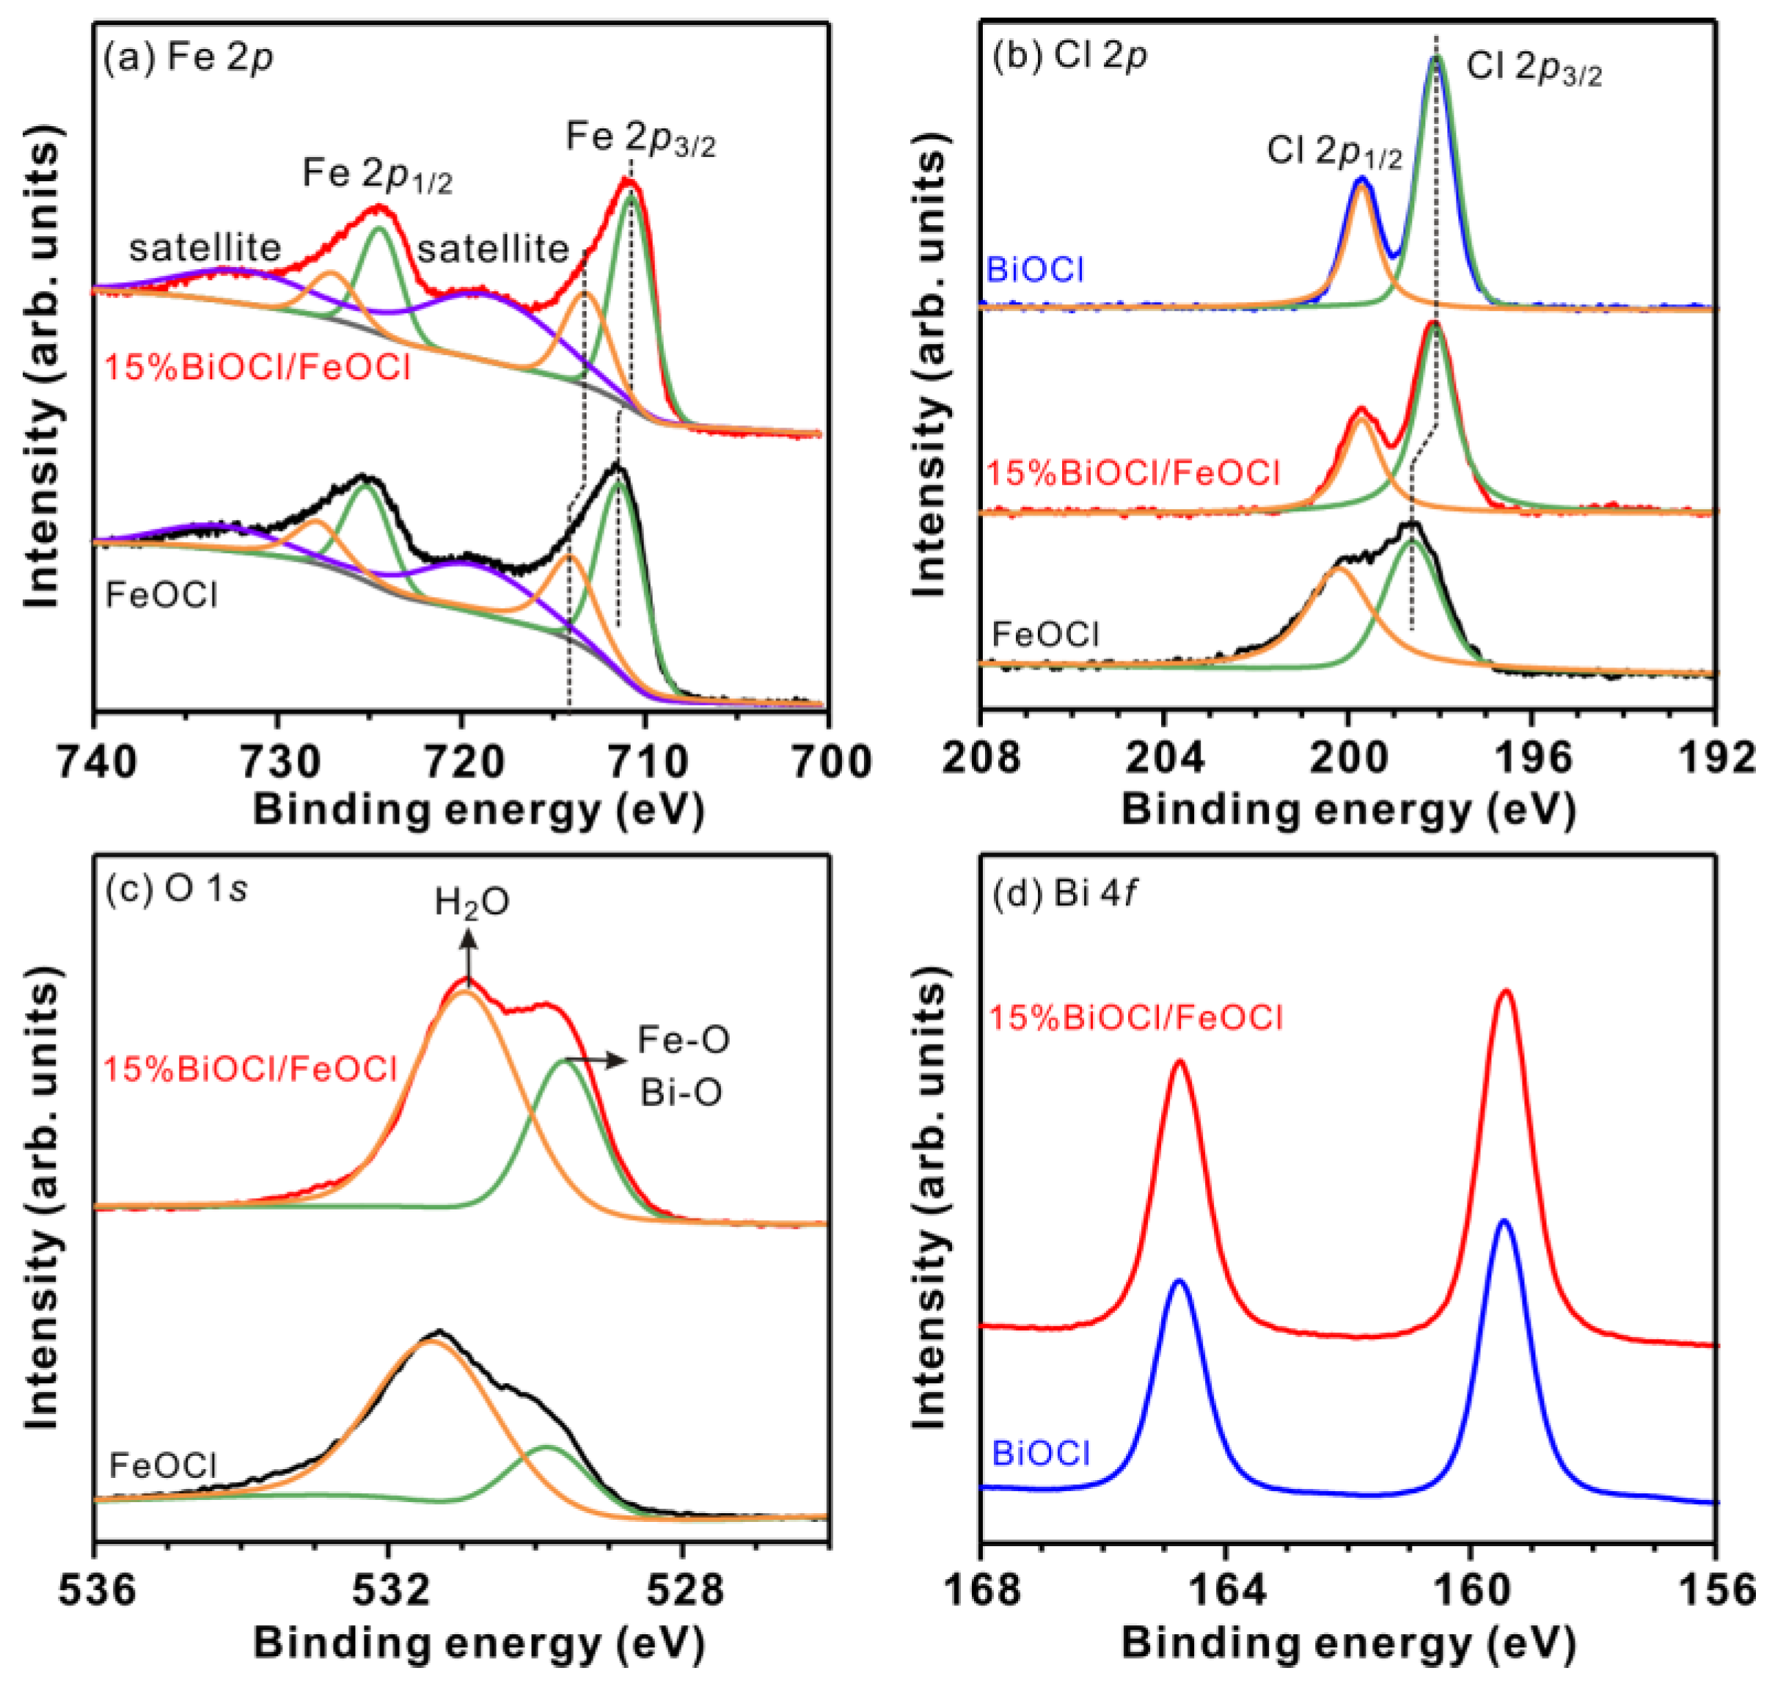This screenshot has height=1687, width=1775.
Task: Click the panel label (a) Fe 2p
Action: tap(189, 59)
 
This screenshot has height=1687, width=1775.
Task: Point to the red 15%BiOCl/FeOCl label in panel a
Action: tap(257, 367)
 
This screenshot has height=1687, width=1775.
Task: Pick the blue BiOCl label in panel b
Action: tap(1035, 270)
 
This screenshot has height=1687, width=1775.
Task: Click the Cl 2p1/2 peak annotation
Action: tap(1334, 151)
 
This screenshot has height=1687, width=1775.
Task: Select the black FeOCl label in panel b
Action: tap(1045, 635)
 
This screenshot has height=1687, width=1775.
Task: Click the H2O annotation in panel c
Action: tap(472, 902)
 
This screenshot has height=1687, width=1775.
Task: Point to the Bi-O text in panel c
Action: tap(681, 1094)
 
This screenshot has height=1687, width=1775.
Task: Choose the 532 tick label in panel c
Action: tap(389, 1591)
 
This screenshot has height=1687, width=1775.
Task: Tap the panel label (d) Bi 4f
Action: tap(1065, 896)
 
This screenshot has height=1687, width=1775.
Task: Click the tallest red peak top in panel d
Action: tap(1505, 991)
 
